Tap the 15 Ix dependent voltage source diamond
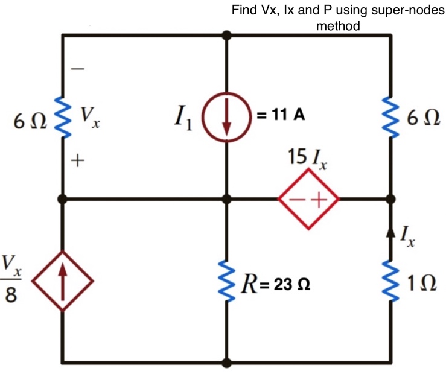(x=308, y=199)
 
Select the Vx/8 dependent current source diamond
(x=63, y=280)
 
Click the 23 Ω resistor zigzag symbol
(x=226, y=280)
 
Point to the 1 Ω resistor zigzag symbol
(x=390, y=280)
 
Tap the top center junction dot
(x=226, y=36)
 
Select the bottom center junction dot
(x=226, y=363)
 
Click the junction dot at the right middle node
(x=390, y=199)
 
